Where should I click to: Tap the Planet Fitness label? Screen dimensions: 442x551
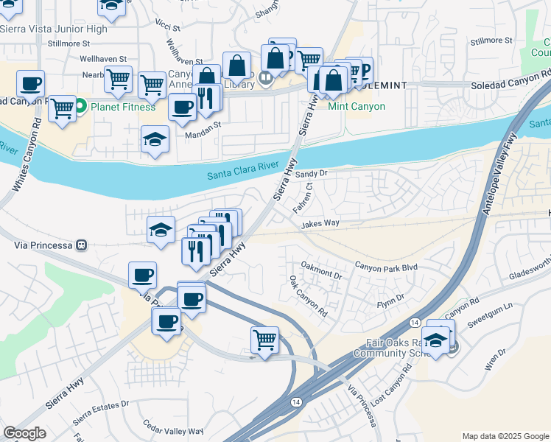click(122, 107)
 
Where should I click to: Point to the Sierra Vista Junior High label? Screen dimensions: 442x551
click(54, 29)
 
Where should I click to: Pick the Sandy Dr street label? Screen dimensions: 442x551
click(311, 173)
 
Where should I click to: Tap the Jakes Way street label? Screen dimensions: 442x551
click(320, 222)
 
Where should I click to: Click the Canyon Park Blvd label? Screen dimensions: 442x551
click(386, 265)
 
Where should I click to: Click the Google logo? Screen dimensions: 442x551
click(25, 433)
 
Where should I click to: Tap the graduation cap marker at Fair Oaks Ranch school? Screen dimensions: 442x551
click(436, 340)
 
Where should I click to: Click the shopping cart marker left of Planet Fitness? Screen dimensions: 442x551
click(63, 108)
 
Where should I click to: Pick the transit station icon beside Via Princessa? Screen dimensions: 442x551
click(82, 245)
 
